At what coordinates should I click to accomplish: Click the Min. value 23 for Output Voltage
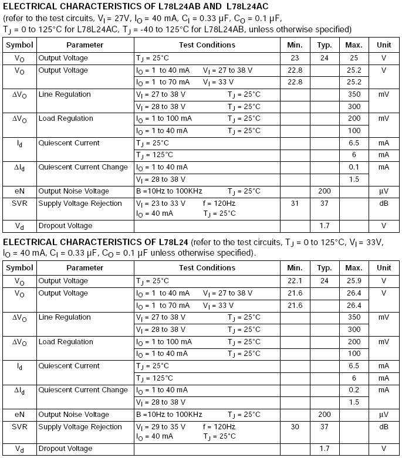click(x=295, y=58)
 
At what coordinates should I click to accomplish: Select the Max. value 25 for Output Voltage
click(x=354, y=58)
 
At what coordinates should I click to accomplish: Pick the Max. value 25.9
click(x=354, y=281)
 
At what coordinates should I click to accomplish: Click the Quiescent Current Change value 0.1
click(x=354, y=167)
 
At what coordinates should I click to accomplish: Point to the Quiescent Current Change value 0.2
click(x=354, y=390)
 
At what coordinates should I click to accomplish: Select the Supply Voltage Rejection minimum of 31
click(x=295, y=203)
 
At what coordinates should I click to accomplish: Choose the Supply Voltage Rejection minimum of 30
click(x=295, y=426)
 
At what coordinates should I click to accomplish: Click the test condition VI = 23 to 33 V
click(x=160, y=203)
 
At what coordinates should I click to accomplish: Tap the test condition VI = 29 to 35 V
click(x=160, y=426)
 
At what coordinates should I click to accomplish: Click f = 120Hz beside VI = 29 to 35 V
click(x=219, y=426)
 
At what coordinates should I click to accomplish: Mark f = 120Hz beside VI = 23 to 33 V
click(x=219, y=203)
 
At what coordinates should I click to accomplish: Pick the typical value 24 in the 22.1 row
click(x=325, y=281)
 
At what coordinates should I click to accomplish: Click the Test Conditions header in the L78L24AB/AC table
click(x=207, y=45)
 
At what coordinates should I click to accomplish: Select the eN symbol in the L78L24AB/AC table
click(x=19, y=191)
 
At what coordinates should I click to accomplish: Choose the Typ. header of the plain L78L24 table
click(x=325, y=268)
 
